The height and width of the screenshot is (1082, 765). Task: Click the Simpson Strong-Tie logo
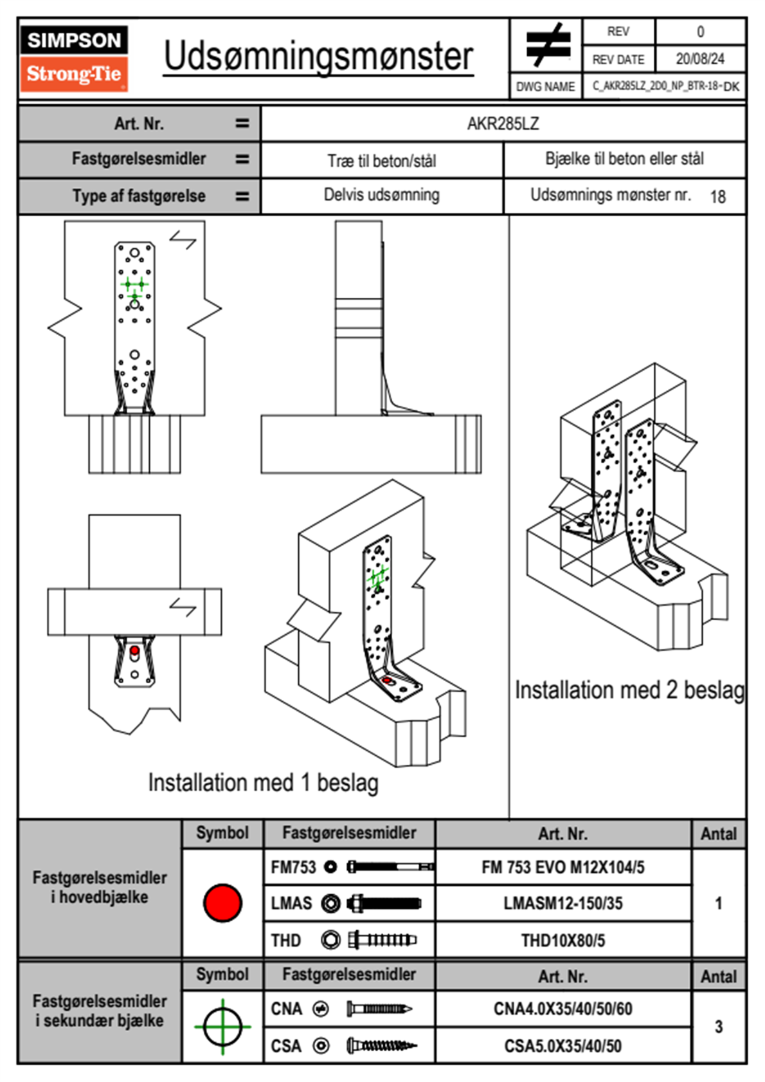click(73, 59)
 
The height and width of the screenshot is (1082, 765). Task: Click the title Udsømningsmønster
click(318, 57)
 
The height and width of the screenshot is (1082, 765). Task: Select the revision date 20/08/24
click(699, 59)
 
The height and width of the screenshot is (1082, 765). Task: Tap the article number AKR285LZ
click(503, 124)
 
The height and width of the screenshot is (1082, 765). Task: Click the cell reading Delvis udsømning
click(381, 195)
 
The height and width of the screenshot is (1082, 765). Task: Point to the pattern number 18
click(717, 197)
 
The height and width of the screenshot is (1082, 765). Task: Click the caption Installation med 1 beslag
click(263, 783)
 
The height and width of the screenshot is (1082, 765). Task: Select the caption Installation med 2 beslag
click(629, 690)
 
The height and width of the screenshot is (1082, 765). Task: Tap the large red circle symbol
click(222, 903)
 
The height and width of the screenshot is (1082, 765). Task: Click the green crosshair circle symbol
click(222, 1027)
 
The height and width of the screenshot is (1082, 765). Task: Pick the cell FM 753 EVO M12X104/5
click(562, 867)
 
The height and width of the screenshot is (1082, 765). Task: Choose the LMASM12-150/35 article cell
click(562, 903)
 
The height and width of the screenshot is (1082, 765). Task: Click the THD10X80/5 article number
click(562, 940)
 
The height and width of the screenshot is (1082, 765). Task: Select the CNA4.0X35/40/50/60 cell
click(562, 1009)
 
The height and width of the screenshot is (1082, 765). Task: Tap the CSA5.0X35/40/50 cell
click(562, 1046)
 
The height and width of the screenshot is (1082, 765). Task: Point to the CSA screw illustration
click(381, 1046)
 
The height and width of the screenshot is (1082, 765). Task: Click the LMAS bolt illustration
click(384, 903)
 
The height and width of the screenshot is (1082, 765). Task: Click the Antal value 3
click(718, 1027)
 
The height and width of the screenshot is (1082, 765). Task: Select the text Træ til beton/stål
click(381, 161)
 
